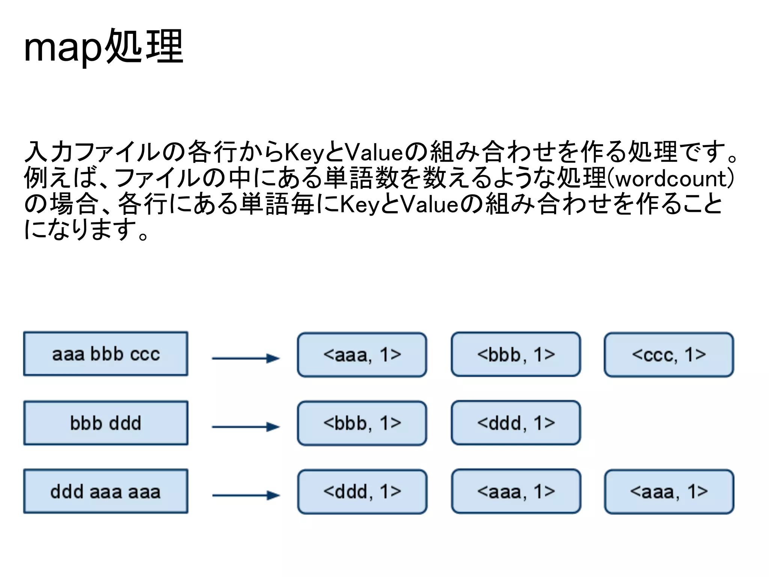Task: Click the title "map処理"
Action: pos(103,47)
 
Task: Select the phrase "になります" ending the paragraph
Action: pos(81,230)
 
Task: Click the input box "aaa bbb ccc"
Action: pos(106,354)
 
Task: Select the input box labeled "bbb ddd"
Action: pos(106,423)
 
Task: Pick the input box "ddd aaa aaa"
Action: pos(106,491)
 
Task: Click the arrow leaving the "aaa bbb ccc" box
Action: pos(246,358)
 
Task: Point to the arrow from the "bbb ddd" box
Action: pos(246,427)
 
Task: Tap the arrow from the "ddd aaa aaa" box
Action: pos(246,495)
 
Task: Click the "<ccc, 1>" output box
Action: pos(669,355)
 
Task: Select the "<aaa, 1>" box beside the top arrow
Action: pos(362,355)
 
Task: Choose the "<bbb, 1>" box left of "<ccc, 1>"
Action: pos(516,354)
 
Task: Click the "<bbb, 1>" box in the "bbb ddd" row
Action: pos(362,423)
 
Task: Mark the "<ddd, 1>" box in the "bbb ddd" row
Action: pos(516,423)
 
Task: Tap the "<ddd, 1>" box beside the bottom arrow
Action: pos(362,492)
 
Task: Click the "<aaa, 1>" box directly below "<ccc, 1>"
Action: pos(669,492)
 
